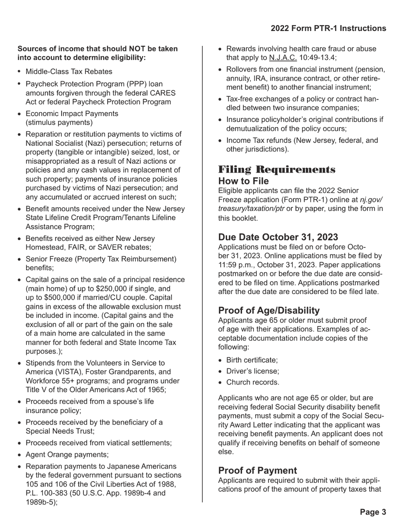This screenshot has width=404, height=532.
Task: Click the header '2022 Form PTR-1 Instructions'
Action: point(328,28)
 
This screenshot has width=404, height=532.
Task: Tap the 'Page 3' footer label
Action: point(373,512)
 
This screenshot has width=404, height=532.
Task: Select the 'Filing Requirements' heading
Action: point(277,170)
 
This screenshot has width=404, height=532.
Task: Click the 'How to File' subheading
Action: point(243,181)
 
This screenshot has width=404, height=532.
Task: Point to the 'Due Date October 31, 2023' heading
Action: point(278,237)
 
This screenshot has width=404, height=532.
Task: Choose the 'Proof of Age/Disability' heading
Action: point(269,311)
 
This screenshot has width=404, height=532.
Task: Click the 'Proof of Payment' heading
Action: point(257,471)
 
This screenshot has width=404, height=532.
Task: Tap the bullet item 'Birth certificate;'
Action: point(252,360)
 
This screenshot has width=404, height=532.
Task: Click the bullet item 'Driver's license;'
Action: point(253,371)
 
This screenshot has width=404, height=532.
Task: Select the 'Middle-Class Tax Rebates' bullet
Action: point(69,72)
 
